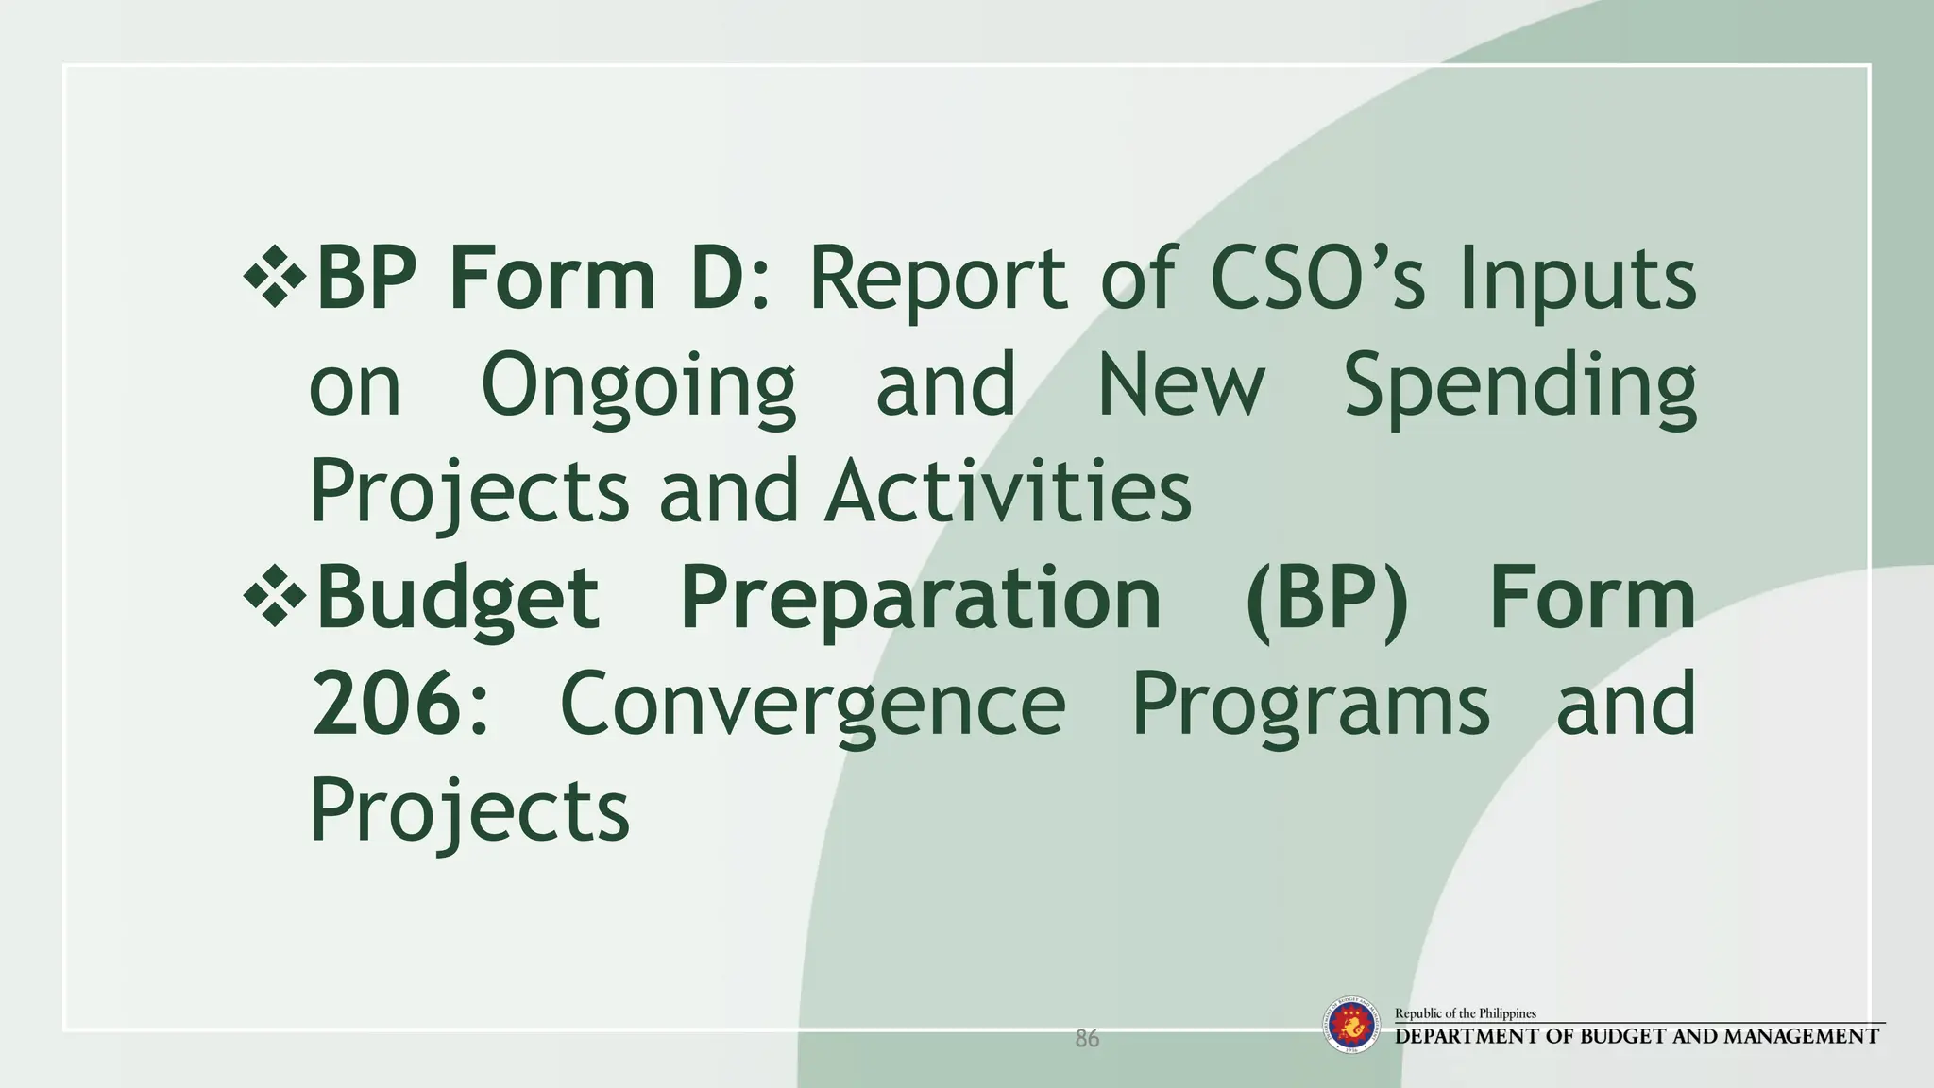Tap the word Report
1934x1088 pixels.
click(938, 280)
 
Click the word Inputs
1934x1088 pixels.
click(1577, 281)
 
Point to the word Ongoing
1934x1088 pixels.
click(638, 387)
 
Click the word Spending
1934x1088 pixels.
click(1519, 387)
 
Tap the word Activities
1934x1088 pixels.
click(1008, 491)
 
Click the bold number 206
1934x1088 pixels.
click(386, 705)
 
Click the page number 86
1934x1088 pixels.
click(1087, 1039)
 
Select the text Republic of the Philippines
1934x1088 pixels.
click(1465, 1013)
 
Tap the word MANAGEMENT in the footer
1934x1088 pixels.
click(1800, 1037)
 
